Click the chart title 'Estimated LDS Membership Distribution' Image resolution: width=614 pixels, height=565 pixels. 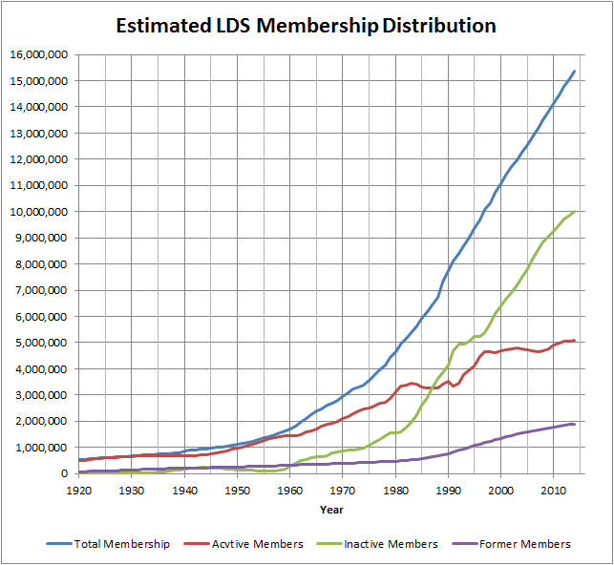pos(306,26)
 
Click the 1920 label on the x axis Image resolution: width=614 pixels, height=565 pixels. pos(79,490)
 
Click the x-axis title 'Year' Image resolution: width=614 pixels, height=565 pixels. pos(331,510)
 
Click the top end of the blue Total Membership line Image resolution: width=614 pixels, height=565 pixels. pos(574,71)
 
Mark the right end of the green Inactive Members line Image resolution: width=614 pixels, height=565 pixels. pos(574,212)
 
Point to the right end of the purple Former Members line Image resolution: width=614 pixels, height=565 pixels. pos(574,424)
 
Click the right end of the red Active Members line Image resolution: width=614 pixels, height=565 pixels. pos(574,340)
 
